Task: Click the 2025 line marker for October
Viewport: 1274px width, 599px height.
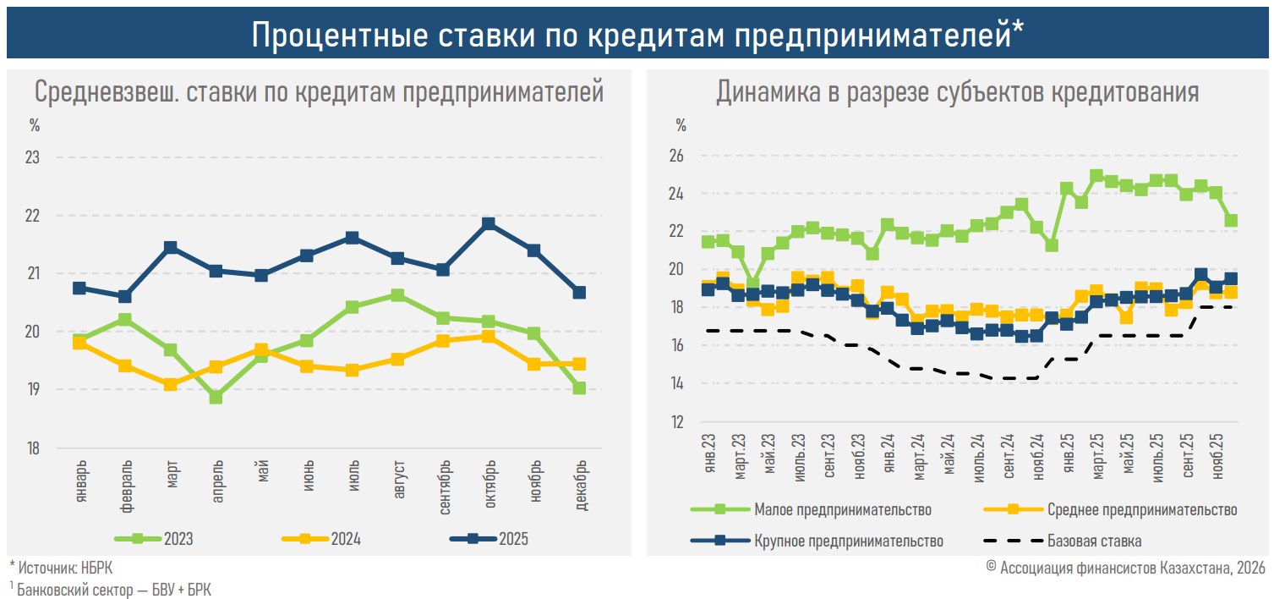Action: [x=489, y=224]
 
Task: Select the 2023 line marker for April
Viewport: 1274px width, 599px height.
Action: [x=216, y=397]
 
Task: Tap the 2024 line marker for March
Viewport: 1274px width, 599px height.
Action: [x=170, y=384]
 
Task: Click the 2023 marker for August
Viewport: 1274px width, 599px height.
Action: [x=397, y=295]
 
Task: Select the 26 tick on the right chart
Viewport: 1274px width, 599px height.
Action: [x=677, y=157]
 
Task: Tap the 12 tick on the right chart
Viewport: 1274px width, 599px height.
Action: [x=677, y=422]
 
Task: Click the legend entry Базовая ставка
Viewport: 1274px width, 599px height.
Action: [x=1094, y=541]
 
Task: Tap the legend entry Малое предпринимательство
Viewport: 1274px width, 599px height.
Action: [x=842, y=510]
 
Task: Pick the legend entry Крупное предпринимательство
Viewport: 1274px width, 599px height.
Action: [x=848, y=541]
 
